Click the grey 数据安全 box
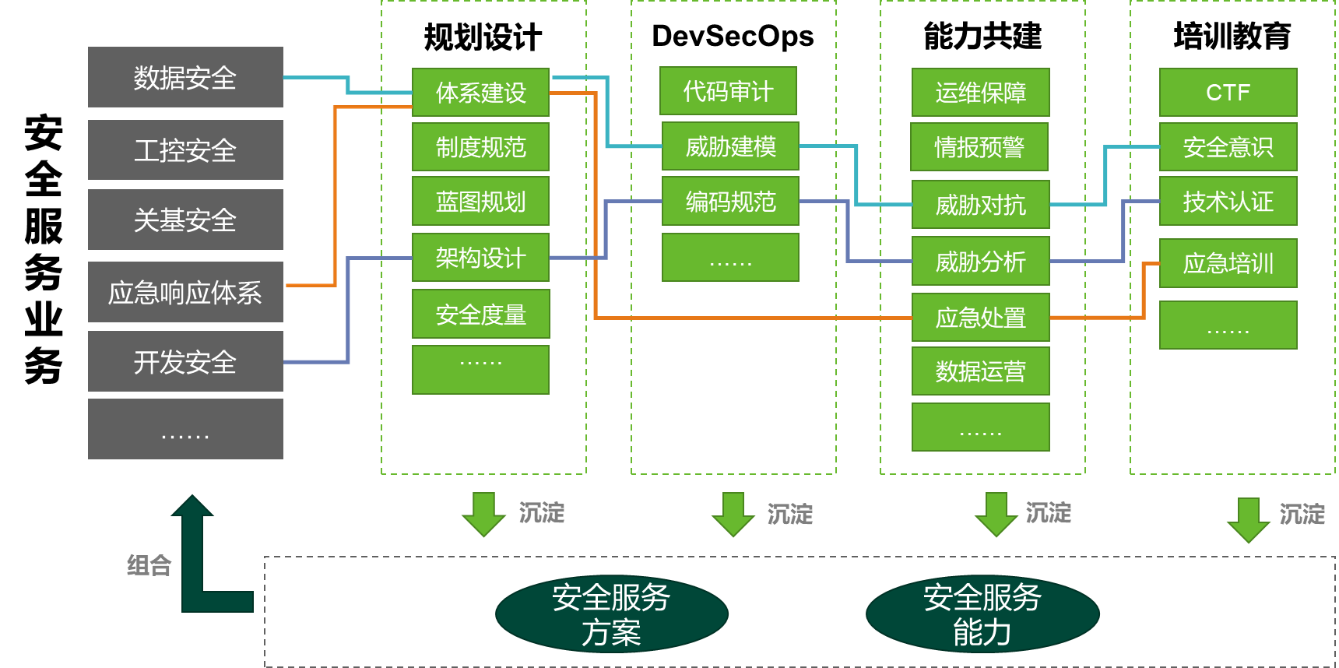(x=185, y=77)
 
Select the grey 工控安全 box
(x=185, y=149)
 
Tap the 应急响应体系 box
(x=185, y=292)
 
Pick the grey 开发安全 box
(x=185, y=361)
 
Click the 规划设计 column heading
(x=483, y=37)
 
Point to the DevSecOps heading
(x=733, y=36)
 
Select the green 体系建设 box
(x=480, y=93)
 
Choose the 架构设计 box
(x=480, y=258)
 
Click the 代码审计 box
(x=728, y=91)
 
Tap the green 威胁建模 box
(x=730, y=146)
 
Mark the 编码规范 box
(x=730, y=202)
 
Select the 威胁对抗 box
(x=980, y=205)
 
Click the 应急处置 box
(x=980, y=317)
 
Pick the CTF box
(x=1228, y=93)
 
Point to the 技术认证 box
(x=1228, y=202)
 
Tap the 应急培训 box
(x=1228, y=263)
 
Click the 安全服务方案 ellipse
(x=611, y=614)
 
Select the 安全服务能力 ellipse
(x=982, y=614)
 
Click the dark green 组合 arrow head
(x=192, y=507)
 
